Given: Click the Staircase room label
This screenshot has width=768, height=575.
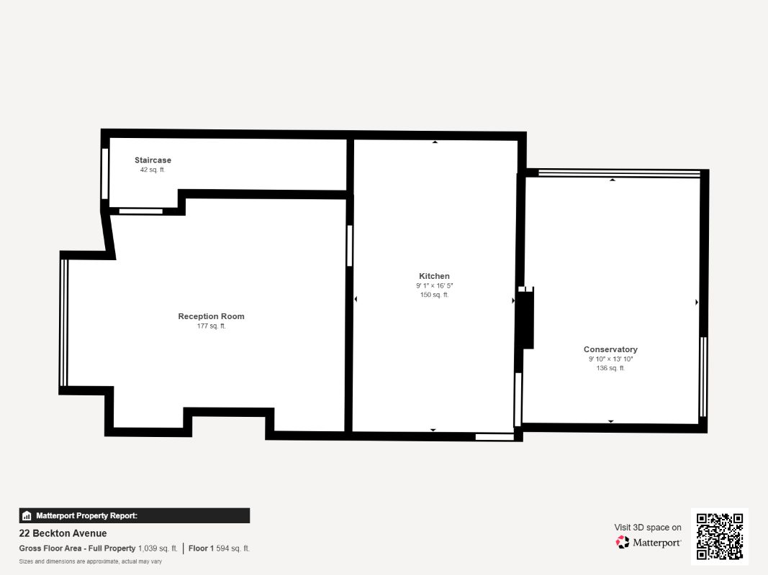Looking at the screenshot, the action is tap(153, 160).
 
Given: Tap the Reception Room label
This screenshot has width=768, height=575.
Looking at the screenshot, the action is tap(211, 316).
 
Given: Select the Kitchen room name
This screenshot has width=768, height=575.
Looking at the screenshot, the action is tap(434, 276).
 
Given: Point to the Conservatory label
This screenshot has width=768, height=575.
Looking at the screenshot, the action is tap(610, 349).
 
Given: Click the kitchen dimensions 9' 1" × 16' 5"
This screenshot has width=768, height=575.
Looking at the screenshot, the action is tap(435, 285).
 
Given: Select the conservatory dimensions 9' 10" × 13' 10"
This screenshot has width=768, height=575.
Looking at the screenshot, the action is tap(611, 359).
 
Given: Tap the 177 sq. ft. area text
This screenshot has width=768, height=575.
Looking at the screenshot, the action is tap(211, 326).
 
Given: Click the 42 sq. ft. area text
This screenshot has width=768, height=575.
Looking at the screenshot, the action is tap(153, 170).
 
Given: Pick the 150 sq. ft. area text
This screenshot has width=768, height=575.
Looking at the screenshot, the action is tap(435, 295).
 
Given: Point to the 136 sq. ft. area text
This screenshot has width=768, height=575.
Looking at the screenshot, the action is tap(610, 368).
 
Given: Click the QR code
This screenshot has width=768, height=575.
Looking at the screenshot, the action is tap(720, 536).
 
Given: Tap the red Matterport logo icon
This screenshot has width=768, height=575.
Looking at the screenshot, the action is tap(623, 542).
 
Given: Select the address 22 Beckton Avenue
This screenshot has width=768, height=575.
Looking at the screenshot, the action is tap(63, 533).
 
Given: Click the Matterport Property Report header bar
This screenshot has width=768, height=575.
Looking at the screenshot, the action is tap(134, 516).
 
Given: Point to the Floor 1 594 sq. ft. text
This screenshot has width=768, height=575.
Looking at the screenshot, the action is tap(219, 548).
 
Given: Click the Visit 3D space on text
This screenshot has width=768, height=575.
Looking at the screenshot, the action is tap(648, 528).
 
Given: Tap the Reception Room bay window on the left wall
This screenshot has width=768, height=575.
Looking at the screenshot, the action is tap(63, 323).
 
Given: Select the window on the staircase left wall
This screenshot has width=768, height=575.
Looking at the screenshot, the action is tap(104, 173).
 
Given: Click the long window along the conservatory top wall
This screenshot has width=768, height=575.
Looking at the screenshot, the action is tap(619, 172).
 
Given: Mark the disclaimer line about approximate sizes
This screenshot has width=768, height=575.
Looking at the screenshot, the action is tap(91, 561).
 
